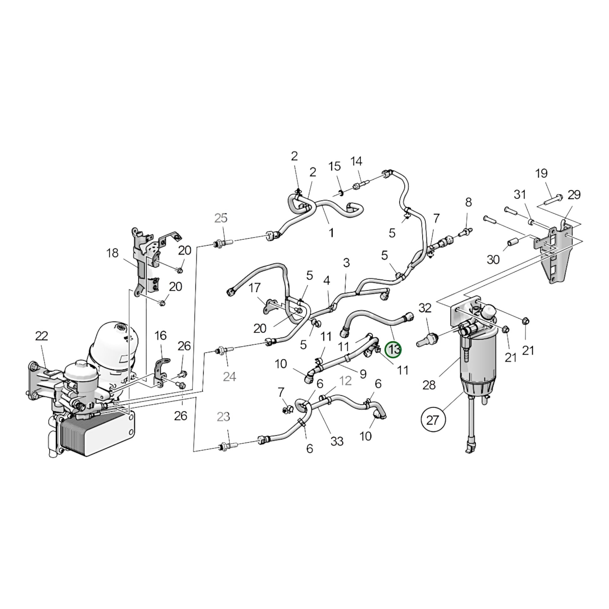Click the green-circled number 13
click(394, 350)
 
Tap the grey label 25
click(221, 218)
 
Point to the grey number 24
click(229, 376)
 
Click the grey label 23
click(223, 417)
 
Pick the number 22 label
click(42, 336)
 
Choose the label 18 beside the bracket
click(113, 253)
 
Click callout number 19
click(541, 173)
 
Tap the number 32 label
click(425, 308)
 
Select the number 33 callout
click(337, 441)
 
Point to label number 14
click(356, 161)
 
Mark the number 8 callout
click(468, 202)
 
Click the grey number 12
click(345, 381)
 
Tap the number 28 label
click(429, 385)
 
